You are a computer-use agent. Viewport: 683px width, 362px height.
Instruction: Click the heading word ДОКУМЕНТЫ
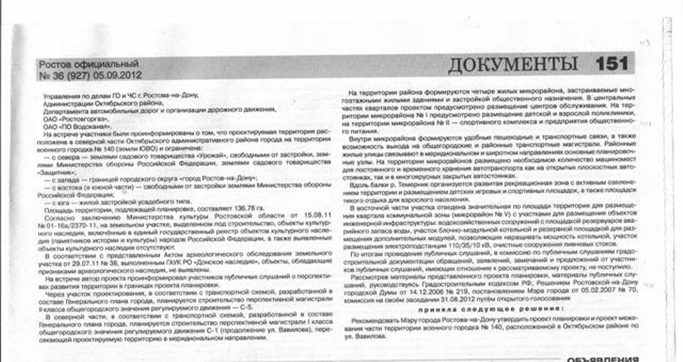(x=512, y=64)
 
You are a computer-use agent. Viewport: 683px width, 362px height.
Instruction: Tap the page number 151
(x=612, y=64)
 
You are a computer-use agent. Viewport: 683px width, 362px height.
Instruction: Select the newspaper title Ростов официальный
(x=89, y=64)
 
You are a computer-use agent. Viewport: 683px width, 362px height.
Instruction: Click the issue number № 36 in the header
(x=53, y=75)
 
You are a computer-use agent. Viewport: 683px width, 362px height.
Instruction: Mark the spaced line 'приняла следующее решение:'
(x=490, y=310)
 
